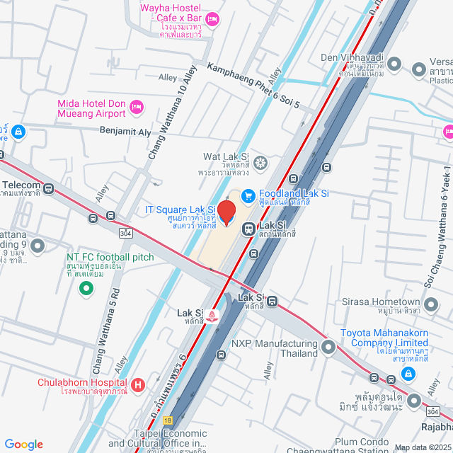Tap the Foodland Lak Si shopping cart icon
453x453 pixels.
point(248,194)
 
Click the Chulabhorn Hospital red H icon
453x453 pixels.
point(138,385)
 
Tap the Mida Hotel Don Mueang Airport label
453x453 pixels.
point(92,108)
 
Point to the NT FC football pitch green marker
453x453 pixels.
point(86,288)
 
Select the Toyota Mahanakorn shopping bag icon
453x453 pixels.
point(408,373)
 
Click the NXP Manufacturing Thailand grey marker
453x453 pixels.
point(328,346)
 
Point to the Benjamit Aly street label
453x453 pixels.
point(125,132)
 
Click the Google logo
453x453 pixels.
point(23,444)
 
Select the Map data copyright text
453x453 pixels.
point(423,447)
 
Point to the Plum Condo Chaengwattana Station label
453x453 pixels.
point(352,447)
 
